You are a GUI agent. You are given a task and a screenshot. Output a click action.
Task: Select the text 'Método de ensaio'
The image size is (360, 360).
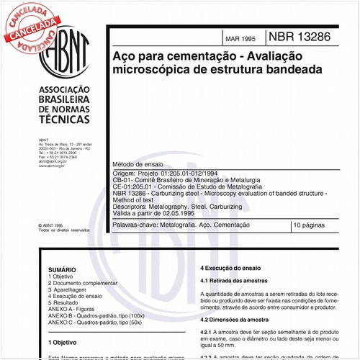click(140, 165)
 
